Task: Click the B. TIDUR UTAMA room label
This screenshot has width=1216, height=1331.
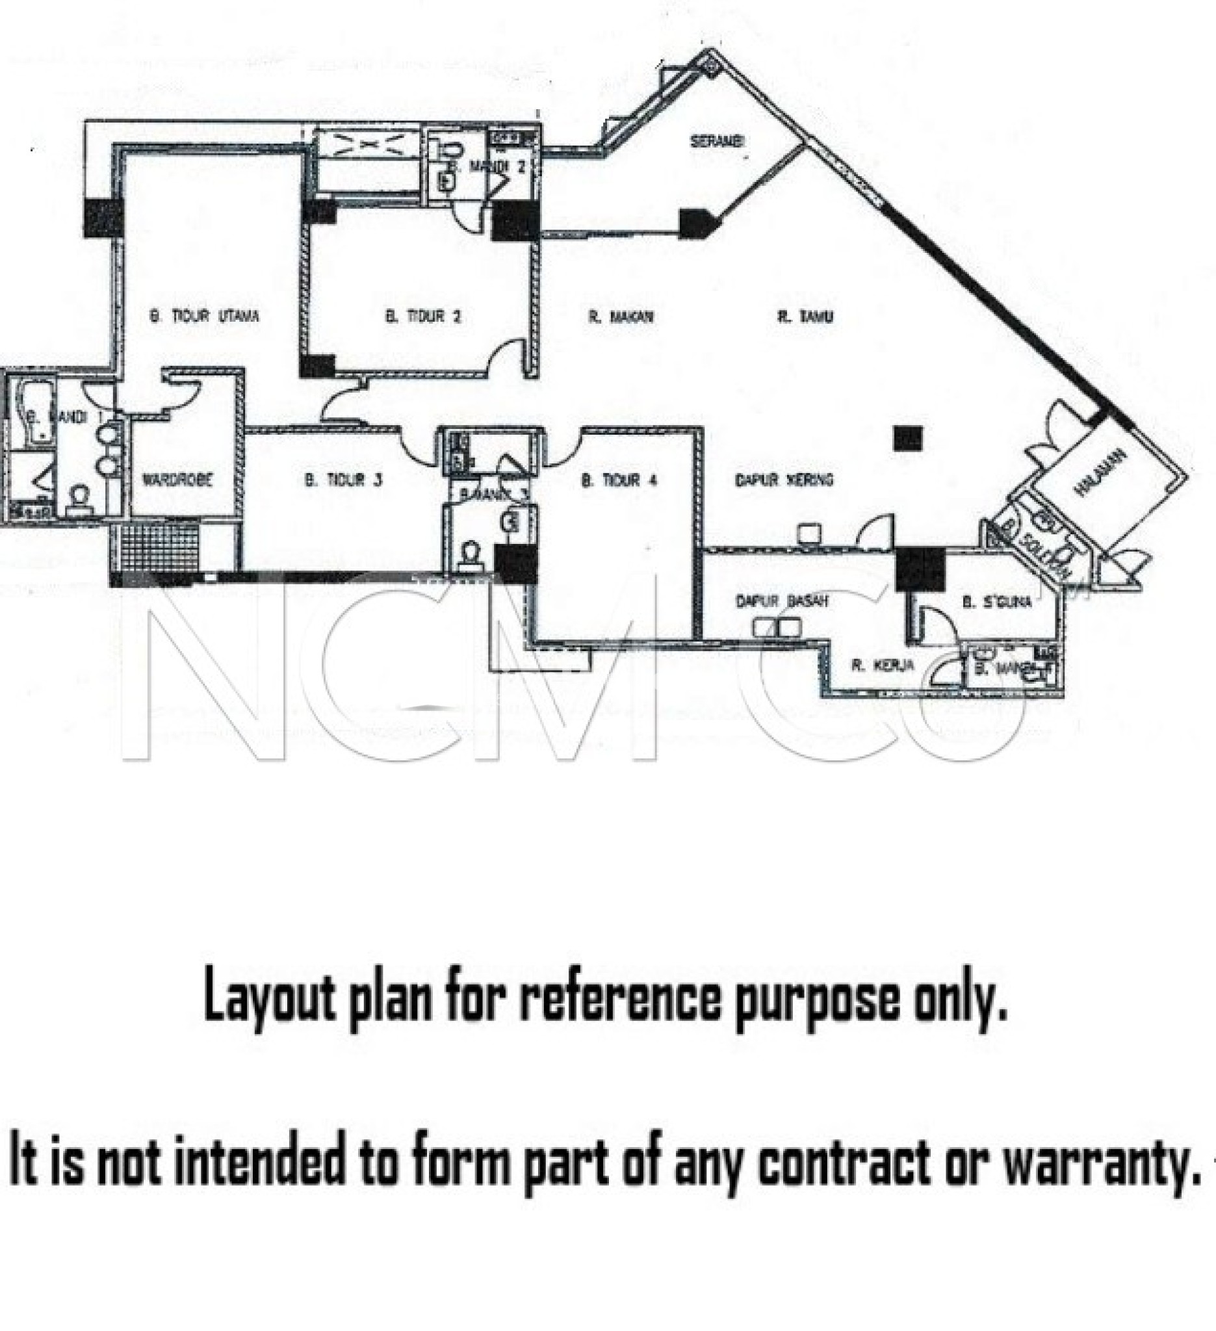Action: pyautogui.click(x=205, y=317)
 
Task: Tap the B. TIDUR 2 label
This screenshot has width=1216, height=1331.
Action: pyautogui.click(x=422, y=317)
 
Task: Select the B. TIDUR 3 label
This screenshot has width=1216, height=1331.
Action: pyautogui.click(x=343, y=480)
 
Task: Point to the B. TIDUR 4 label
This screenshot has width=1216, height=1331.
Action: pyautogui.click(x=619, y=480)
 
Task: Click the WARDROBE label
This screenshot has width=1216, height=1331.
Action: pyautogui.click(x=177, y=480)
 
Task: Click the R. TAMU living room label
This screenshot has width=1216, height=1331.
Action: pyautogui.click(x=805, y=317)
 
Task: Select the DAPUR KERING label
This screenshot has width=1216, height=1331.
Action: pyautogui.click(x=784, y=480)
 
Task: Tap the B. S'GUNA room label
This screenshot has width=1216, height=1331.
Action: pyautogui.click(x=997, y=601)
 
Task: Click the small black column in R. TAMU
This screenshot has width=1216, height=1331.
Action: pyautogui.click(x=908, y=439)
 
